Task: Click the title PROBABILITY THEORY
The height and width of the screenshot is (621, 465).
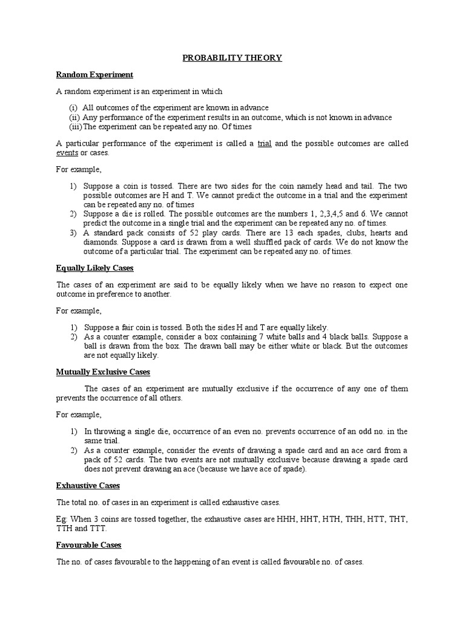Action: pyautogui.click(x=232, y=58)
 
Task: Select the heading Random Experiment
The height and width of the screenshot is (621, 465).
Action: pyautogui.click(x=94, y=75)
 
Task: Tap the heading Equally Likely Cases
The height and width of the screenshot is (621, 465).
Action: pyautogui.click(x=94, y=267)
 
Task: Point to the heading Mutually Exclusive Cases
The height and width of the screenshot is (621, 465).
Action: pyautogui.click(x=103, y=372)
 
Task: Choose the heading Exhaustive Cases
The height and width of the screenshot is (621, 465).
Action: pyautogui.click(x=88, y=486)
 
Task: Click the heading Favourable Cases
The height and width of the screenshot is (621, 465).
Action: pyautogui.click(x=88, y=545)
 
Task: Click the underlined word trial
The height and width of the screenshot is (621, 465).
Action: pyautogui.click(x=264, y=144)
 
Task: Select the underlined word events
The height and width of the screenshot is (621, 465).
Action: pyautogui.click(x=67, y=152)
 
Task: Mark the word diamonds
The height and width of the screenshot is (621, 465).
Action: pyautogui.click(x=99, y=242)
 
